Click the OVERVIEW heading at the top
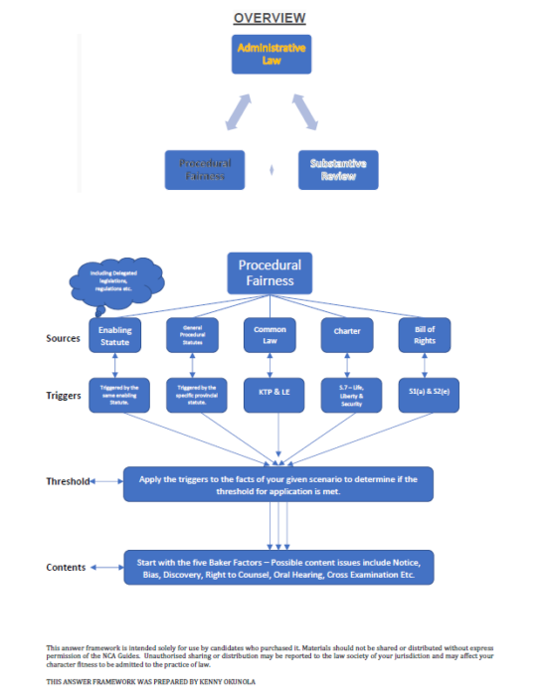[x=270, y=18]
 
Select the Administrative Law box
[x=271, y=54]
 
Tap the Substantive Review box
[x=337, y=169]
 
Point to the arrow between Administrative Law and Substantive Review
[x=307, y=110]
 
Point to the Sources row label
[x=63, y=338]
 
